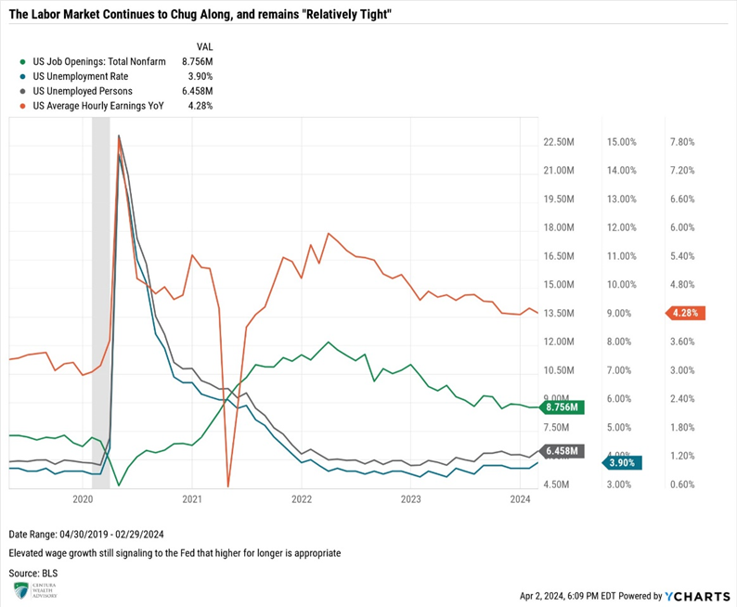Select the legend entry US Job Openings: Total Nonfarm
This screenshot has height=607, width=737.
point(98,61)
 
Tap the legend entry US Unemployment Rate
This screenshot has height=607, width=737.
point(79,76)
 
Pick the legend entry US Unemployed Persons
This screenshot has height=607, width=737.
point(82,91)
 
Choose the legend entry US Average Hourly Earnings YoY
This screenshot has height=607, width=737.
point(97,106)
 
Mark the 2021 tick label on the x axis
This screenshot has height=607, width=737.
point(191,499)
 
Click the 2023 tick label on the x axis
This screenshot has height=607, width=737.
point(410,499)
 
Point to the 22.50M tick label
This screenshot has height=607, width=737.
point(561,142)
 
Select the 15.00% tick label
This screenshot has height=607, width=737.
point(621,142)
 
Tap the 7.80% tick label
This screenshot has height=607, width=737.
point(682,142)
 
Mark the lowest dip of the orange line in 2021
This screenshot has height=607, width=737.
point(227,484)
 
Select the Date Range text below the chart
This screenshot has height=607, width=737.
point(85,536)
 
